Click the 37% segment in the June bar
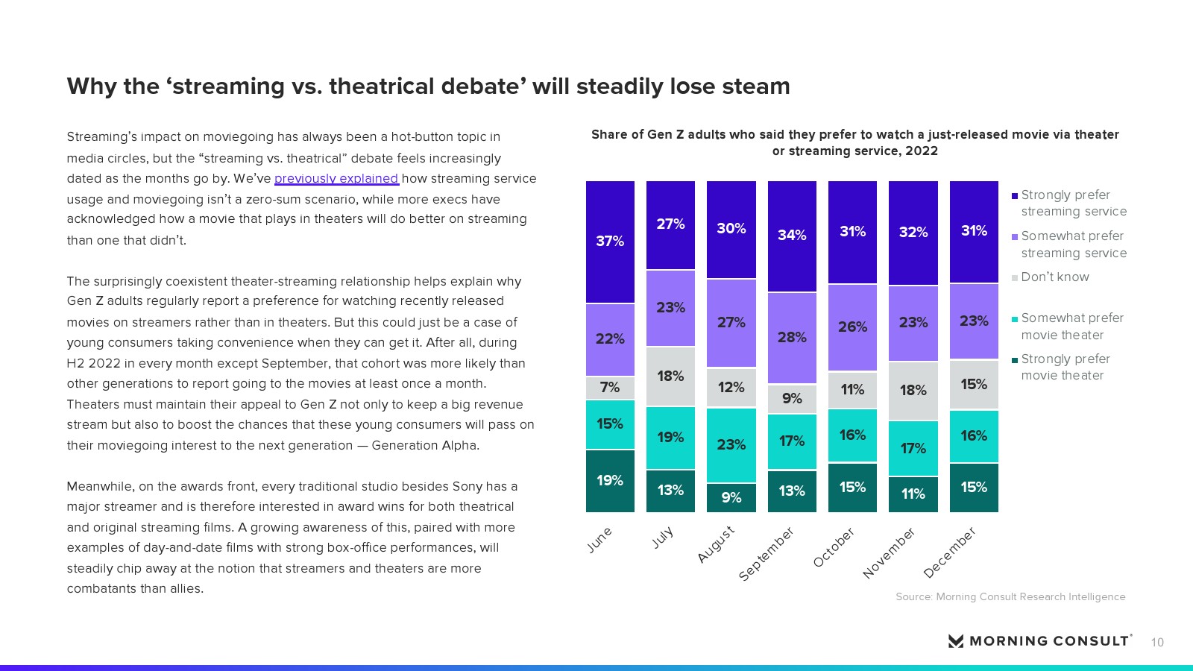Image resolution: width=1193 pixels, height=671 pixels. click(x=610, y=242)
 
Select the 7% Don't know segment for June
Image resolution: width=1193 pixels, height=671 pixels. click(x=610, y=388)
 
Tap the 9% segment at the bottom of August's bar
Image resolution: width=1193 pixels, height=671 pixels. click(x=731, y=497)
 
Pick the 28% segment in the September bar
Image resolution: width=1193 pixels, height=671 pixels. click(x=792, y=338)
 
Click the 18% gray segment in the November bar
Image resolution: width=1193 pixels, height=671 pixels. click(x=913, y=391)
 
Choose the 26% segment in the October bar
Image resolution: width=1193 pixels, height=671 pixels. click(x=852, y=327)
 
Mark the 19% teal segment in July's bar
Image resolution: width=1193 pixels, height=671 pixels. click(x=670, y=438)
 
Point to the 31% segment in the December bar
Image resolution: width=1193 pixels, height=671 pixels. click(x=974, y=231)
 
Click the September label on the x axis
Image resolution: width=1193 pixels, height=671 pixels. click(x=767, y=554)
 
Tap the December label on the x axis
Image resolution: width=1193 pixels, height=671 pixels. click(x=949, y=552)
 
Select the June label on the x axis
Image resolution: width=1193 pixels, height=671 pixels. click(x=599, y=540)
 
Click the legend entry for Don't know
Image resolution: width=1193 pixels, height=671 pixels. click(x=1054, y=277)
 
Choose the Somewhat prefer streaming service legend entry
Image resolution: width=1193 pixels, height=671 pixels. click(x=1073, y=245)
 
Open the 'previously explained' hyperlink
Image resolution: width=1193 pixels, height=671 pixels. click(x=336, y=179)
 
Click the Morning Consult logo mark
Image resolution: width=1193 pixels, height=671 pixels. click(x=955, y=641)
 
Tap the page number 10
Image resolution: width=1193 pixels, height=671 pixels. click(x=1157, y=643)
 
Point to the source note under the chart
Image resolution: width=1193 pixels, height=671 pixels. click(x=1010, y=597)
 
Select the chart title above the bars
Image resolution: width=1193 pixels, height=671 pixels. click(x=854, y=142)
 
